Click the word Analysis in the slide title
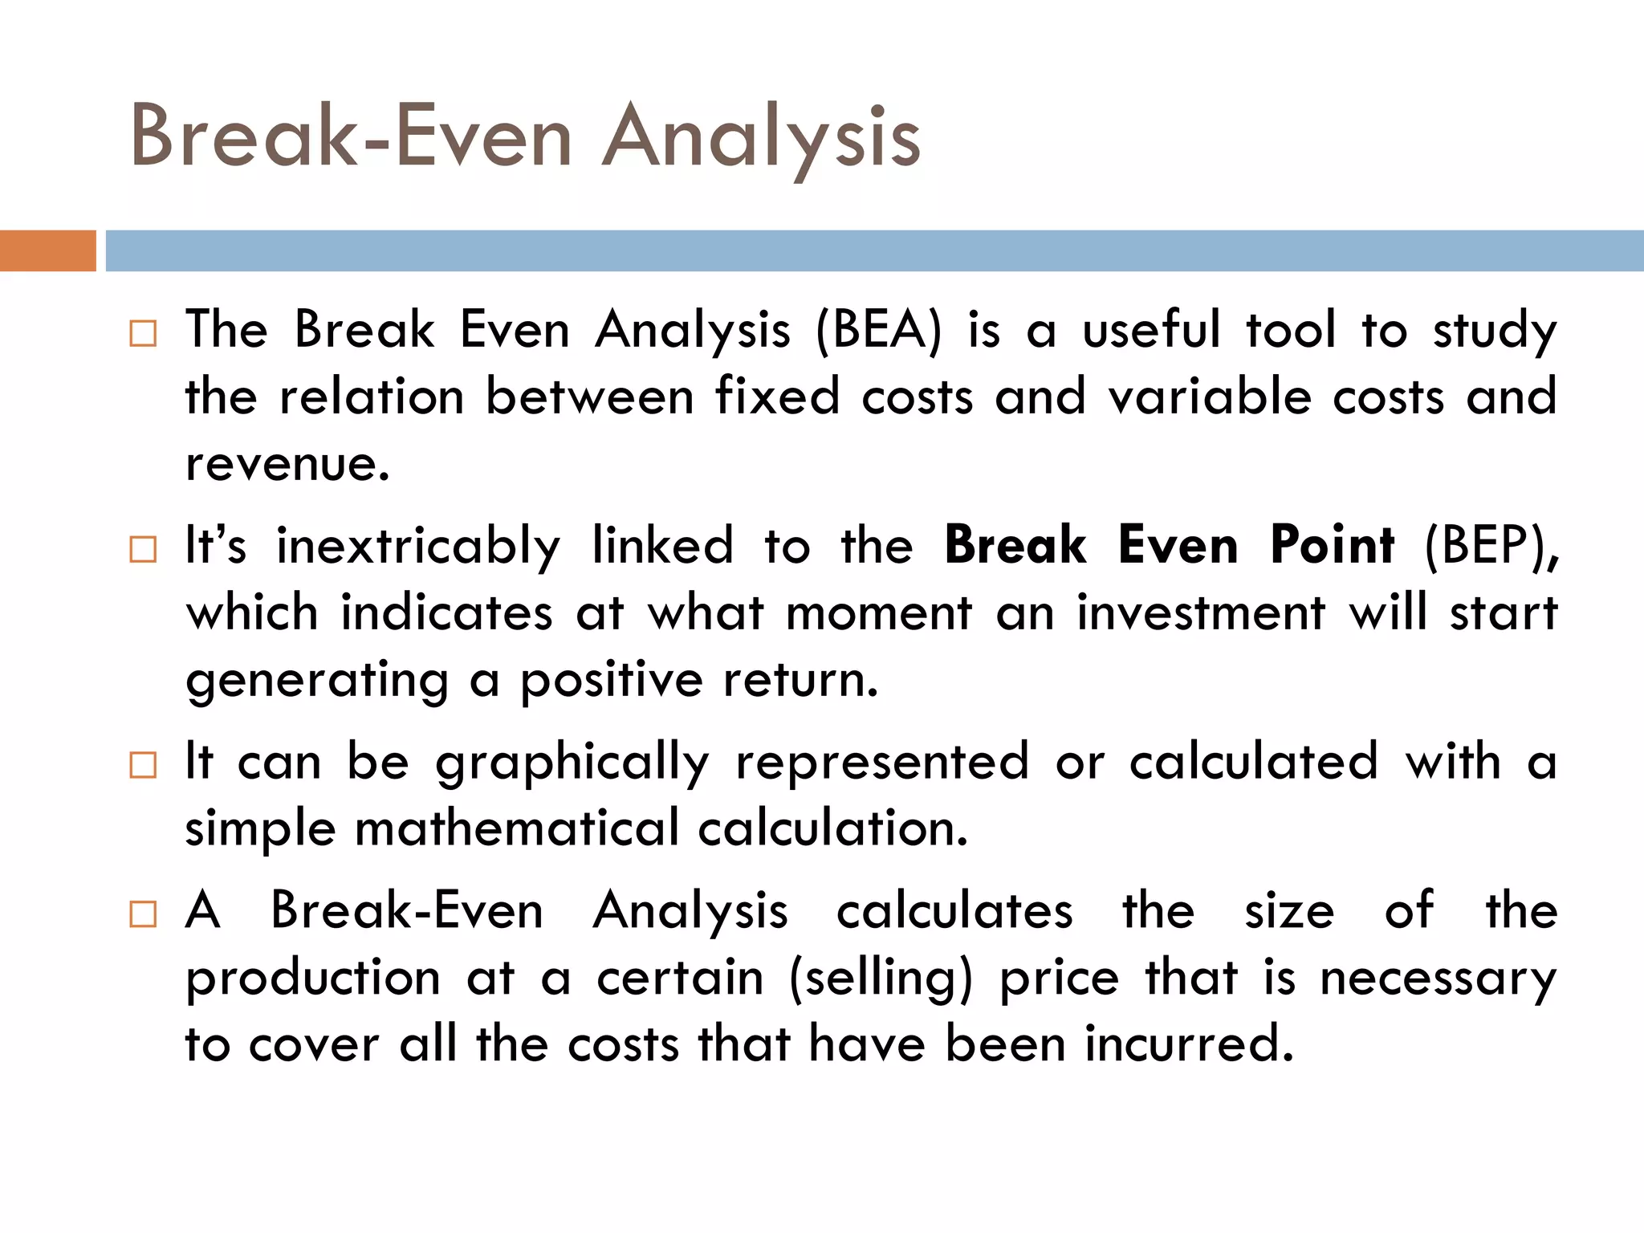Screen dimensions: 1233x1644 pos(761,136)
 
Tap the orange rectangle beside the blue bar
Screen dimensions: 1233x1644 pos(47,250)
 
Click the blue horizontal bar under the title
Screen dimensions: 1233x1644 pos(874,250)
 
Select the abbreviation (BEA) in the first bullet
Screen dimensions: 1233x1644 pos(879,330)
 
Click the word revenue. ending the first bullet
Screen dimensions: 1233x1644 pos(287,463)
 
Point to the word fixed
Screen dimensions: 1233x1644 pos(777,397)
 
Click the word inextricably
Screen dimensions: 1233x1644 pos(417,546)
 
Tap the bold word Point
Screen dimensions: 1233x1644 pos(1332,546)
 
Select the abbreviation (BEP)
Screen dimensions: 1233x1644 pos(1490,546)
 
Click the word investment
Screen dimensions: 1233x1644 pos(1201,612)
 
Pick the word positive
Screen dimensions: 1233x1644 pos(611,680)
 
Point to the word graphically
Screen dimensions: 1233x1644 pos(572,762)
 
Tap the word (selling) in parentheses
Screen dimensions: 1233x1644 pos(881,978)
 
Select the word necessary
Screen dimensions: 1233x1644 pos(1438,978)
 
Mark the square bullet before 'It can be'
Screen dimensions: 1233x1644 pos(143,764)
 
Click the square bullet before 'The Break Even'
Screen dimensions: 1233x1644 pos(143,332)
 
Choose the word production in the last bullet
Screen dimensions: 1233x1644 pos(313,978)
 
